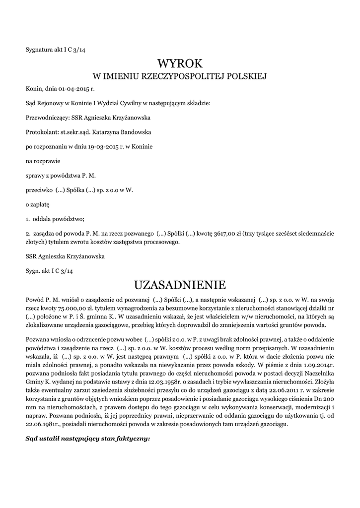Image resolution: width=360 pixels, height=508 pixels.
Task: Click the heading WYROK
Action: coord(180,63)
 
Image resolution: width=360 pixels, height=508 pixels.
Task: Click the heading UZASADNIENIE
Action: coord(180,285)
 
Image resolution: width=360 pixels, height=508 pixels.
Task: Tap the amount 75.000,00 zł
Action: coord(69,307)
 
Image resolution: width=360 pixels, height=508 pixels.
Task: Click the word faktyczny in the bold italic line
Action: coord(132,439)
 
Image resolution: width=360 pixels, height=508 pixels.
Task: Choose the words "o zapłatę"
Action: coord(38,204)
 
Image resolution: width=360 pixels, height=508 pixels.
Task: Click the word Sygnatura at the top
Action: coord(39,49)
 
